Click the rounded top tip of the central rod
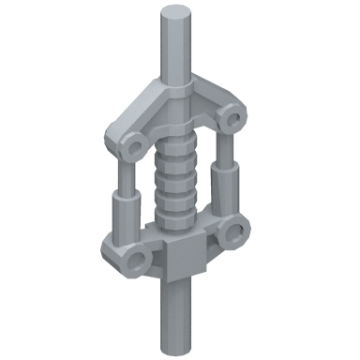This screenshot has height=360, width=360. (174, 14)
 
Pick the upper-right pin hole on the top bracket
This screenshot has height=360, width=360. (233, 120)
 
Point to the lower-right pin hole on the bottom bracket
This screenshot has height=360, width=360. (236, 232)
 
